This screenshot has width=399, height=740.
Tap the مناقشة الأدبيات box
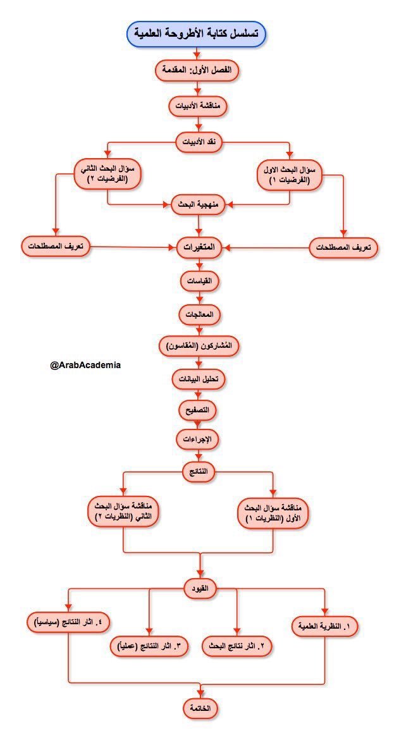[199, 106]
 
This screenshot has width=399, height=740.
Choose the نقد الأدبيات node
[199, 141]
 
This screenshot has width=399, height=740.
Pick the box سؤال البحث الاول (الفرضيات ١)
[290, 175]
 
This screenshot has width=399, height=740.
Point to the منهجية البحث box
[199, 205]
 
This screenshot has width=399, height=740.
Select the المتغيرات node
[199, 246]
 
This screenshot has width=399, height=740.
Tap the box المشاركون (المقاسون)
[199, 347]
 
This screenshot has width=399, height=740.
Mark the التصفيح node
[199, 409]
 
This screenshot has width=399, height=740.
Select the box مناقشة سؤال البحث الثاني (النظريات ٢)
[123, 512]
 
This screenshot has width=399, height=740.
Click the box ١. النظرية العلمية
[325, 627]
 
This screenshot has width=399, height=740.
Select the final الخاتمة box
[200, 708]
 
